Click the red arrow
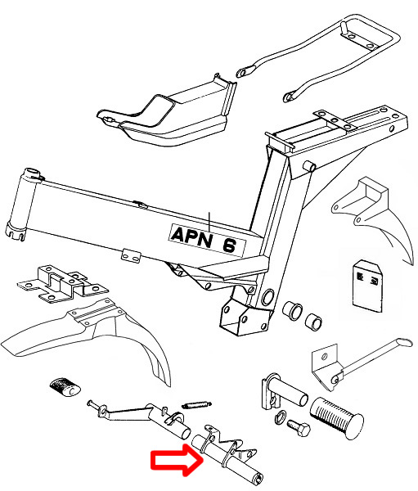click(x=177, y=460)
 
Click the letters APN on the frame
click(x=191, y=237)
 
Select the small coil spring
click(x=196, y=405)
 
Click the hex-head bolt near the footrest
click(x=299, y=427)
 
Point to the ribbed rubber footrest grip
click(x=336, y=418)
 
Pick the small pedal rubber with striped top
click(x=65, y=387)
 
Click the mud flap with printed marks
click(x=367, y=286)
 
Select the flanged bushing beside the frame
click(x=292, y=311)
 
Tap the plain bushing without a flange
click(x=313, y=322)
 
